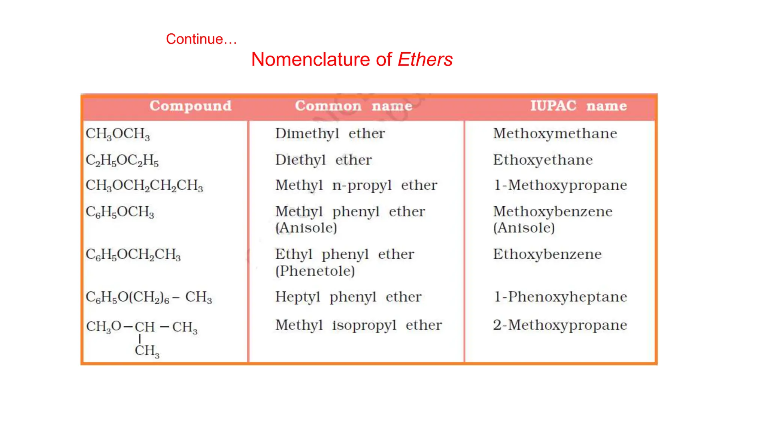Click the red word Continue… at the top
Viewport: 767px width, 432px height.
point(201,39)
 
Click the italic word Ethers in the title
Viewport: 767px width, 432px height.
point(425,60)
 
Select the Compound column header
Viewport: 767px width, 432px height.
point(190,106)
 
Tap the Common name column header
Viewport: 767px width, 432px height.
point(354,106)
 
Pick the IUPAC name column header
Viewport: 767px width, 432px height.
point(578,106)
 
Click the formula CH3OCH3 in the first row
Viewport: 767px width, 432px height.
point(118,134)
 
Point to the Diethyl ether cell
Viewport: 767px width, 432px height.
point(323,160)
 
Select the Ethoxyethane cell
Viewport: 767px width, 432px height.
point(543,160)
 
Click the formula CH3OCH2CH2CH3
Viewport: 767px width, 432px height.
point(144,186)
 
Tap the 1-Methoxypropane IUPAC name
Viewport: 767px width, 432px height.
point(560,185)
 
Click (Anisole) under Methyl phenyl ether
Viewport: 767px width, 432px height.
point(306,228)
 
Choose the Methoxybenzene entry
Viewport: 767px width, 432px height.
point(552,211)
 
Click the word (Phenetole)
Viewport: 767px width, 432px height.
point(315,271)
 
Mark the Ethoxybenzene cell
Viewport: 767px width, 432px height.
point(547,254)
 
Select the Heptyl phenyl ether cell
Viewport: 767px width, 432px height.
point(348,297)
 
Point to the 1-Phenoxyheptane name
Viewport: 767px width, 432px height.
point(560,297)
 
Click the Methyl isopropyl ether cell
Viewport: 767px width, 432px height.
point(358,325)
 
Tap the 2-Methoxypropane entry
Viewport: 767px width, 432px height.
point(560,325)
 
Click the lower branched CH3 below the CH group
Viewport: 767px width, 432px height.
point(147,351)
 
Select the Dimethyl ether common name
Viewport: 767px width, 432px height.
point(330,134)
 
